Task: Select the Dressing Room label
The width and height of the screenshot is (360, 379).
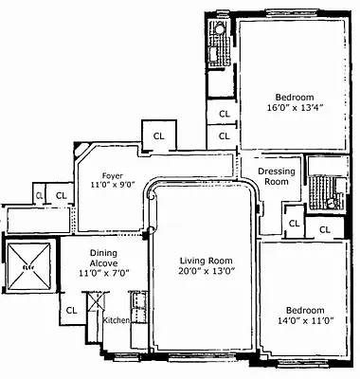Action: point(276,175)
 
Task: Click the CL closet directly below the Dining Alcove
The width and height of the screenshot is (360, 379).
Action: point(71,310)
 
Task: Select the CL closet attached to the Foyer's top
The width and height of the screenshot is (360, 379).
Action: point(158,135)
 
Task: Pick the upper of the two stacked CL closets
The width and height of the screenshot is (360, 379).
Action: point(225,114)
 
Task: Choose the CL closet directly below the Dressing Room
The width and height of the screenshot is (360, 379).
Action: point(295,224)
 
